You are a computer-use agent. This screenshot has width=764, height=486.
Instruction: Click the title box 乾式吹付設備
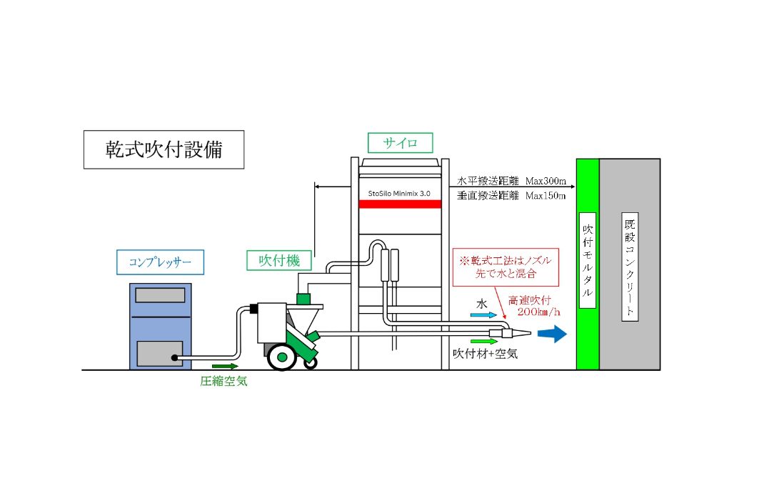pyautogui.click(x=164, y=149)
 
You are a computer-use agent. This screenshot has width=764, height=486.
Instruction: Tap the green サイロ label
pyautogui.click(x=400, y=142)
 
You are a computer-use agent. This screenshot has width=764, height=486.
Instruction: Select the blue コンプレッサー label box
pyautogui.click(x=161, y=262)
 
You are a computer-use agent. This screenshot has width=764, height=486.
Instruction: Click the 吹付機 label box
pyautogui.click(x=279, y=260)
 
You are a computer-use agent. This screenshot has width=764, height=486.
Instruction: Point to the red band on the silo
pyautogui.click(x=400, y=204)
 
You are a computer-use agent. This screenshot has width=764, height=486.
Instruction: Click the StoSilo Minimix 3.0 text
pyautogui.click(x=399, y=193)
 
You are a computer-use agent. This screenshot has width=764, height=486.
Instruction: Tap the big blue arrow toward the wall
pyautogui.click(x=552, y=334)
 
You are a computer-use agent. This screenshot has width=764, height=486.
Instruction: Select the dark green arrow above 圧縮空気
pyautogui.click(x=225, y=366)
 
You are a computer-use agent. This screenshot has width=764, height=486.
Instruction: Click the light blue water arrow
pyautogui.click(x=483, y=315)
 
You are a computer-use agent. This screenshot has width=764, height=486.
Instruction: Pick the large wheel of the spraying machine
pyautogui.click(x=282, y=357)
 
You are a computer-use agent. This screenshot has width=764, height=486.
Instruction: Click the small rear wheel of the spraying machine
pyautogui.click(x=311, y=362)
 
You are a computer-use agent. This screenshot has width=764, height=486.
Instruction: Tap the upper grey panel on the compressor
pyautogui.click(x=161, y=295)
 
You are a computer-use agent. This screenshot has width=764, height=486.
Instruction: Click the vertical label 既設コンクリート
pyautogui.click(x=630, y=267)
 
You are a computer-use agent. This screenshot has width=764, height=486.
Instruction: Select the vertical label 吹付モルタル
pyautogui.click(x=588, y=261)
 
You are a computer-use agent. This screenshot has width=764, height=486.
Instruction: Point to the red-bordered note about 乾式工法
pyautogui.click(x=506, y=267)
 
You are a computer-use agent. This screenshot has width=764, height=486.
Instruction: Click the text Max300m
pyautogui.click(x=546, y=181)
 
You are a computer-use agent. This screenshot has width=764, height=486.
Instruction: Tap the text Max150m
pyautogui.click(x=546, y=196)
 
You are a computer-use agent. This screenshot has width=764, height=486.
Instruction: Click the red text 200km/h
pyautogui.click(x=538, y=312)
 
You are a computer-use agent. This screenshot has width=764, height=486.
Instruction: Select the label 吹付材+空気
pyautogui.click(x=485, y=353)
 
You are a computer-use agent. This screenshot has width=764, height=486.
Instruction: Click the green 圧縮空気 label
pyautogui.click(x=223, y=381)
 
